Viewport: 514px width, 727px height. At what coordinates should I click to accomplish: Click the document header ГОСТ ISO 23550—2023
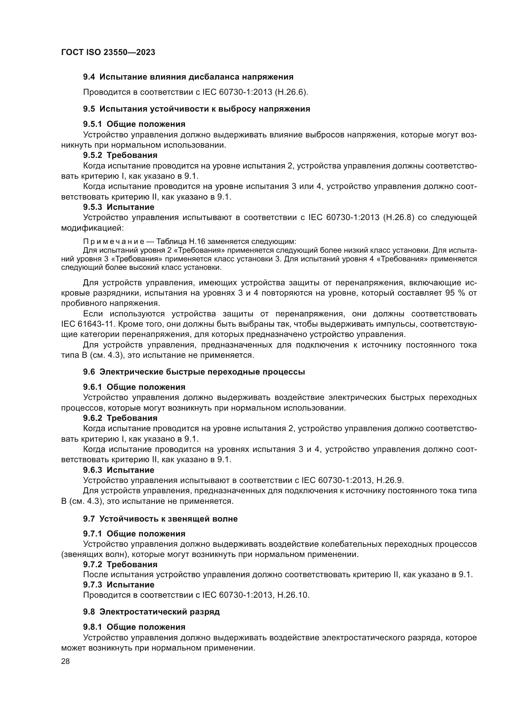108,53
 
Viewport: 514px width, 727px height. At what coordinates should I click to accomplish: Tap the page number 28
65,661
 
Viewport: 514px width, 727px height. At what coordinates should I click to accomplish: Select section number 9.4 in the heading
89,77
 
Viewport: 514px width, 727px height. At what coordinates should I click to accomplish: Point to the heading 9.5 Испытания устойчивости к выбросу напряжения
196,109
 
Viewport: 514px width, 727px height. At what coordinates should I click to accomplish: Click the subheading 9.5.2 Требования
120,155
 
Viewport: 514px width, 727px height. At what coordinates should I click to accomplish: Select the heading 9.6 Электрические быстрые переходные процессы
194,372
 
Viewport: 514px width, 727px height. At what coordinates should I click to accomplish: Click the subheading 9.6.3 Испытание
119,470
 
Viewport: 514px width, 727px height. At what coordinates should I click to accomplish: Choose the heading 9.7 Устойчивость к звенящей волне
160,519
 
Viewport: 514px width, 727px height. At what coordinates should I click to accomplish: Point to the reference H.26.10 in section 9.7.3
293,595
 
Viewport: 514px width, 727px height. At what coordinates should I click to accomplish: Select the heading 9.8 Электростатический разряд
151,612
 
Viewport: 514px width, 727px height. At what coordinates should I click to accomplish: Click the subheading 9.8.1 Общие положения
134,627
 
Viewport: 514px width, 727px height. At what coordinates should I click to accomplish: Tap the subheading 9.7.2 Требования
120,564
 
